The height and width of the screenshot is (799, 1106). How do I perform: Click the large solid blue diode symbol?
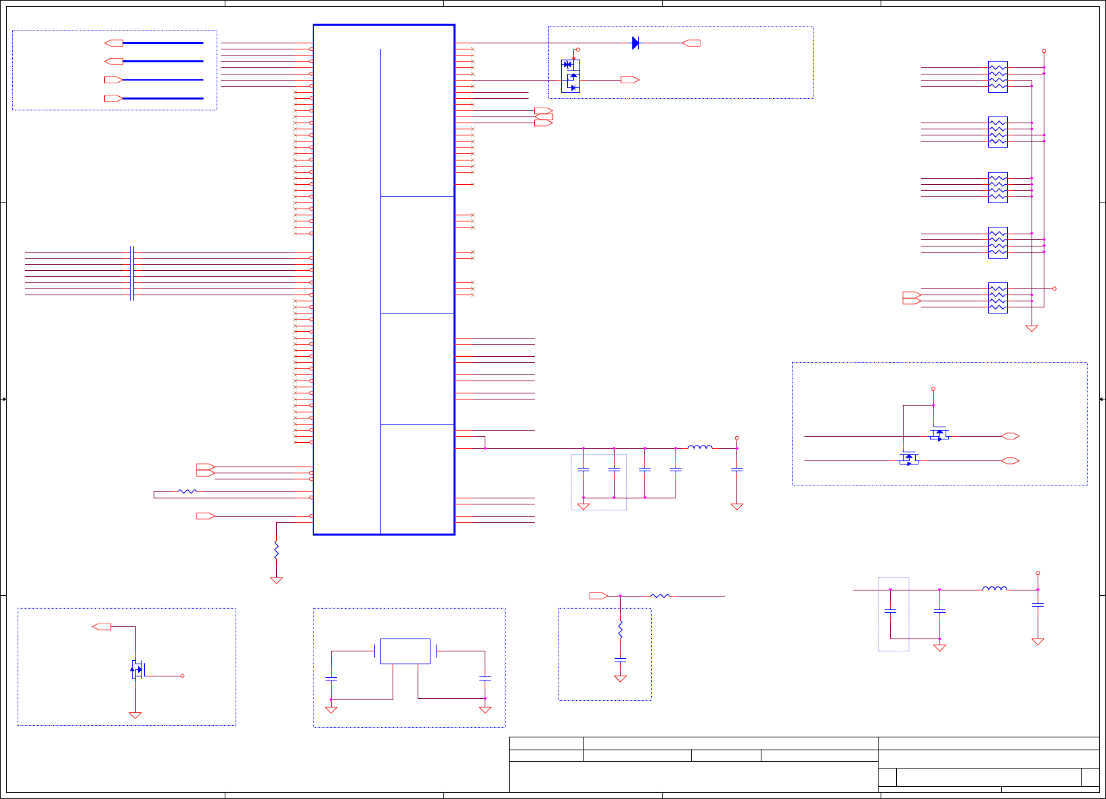click(635, 43)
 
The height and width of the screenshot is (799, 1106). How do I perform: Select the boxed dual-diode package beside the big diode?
click(571, 76)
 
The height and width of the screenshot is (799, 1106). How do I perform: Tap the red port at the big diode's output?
click(692, 43)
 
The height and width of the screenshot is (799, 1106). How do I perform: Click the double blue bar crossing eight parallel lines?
click(132, 274)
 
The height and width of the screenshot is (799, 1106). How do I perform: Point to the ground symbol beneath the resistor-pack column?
click(1032, 328)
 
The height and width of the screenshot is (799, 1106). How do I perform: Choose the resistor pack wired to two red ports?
click(998, 298)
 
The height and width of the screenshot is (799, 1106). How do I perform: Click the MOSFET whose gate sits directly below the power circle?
click(939, 434)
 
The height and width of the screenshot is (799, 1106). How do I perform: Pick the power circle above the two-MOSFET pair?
click(933, 389)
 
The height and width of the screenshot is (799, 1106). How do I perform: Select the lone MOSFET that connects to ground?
click(137, 670)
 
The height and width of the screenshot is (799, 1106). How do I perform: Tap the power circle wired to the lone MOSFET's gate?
click(182, 676)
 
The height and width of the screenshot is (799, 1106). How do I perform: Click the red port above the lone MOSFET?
click(102, 627)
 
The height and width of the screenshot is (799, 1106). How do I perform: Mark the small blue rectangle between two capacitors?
click(405, 651)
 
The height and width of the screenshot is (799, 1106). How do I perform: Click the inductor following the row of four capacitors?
click(700, 447)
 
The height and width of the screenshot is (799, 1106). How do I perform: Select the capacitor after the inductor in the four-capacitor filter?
click(737, 469)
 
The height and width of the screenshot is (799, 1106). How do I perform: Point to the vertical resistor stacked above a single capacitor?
click(620, 630)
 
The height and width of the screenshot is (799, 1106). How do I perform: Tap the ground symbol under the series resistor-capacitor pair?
click(620, 678)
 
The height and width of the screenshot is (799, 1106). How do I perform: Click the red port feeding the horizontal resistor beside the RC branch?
click(598, 596)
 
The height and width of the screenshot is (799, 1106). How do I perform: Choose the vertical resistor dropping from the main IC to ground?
click(276, 550)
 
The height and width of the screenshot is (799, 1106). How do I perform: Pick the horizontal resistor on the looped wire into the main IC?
click(187, 492)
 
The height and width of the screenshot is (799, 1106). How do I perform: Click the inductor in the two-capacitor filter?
click(994, 588)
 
